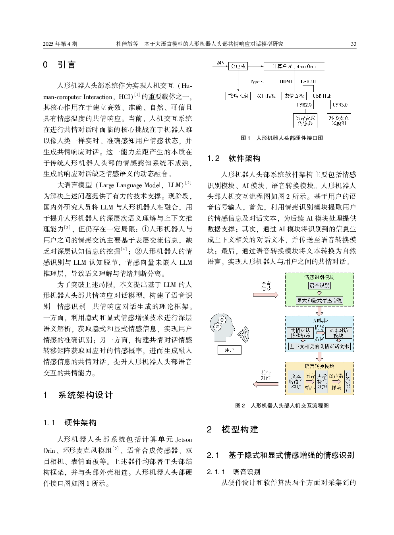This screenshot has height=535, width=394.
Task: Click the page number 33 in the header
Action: pos(353,44)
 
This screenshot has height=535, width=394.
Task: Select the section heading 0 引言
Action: pos(59,65)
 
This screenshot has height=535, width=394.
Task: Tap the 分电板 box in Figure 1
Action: pos(238,66)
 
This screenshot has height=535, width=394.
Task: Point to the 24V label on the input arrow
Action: pos(220,62)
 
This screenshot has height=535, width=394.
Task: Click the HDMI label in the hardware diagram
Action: pos(286,81)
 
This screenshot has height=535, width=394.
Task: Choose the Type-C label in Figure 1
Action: pos(257,81)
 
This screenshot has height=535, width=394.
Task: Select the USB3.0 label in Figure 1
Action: pos(340,105)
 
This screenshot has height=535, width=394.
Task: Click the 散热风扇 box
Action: pos(238,96)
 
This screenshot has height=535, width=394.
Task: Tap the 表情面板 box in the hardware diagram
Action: pos(294,96)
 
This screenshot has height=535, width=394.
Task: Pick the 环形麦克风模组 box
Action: pos(339,120)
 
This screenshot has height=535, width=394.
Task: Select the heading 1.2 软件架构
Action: pos(234,159)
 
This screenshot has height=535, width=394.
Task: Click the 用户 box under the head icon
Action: pos(229,350)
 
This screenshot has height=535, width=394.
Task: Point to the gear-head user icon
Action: pos(223,327)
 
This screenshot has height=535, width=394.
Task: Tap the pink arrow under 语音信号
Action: pos(265,295)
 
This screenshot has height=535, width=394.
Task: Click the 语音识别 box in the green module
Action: pos(319,285)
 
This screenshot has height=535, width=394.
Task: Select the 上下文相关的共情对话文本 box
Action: pos(319,346)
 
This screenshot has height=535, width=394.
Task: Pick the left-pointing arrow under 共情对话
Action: pos(265,384)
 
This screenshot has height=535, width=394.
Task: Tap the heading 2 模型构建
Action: pos(233,430)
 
